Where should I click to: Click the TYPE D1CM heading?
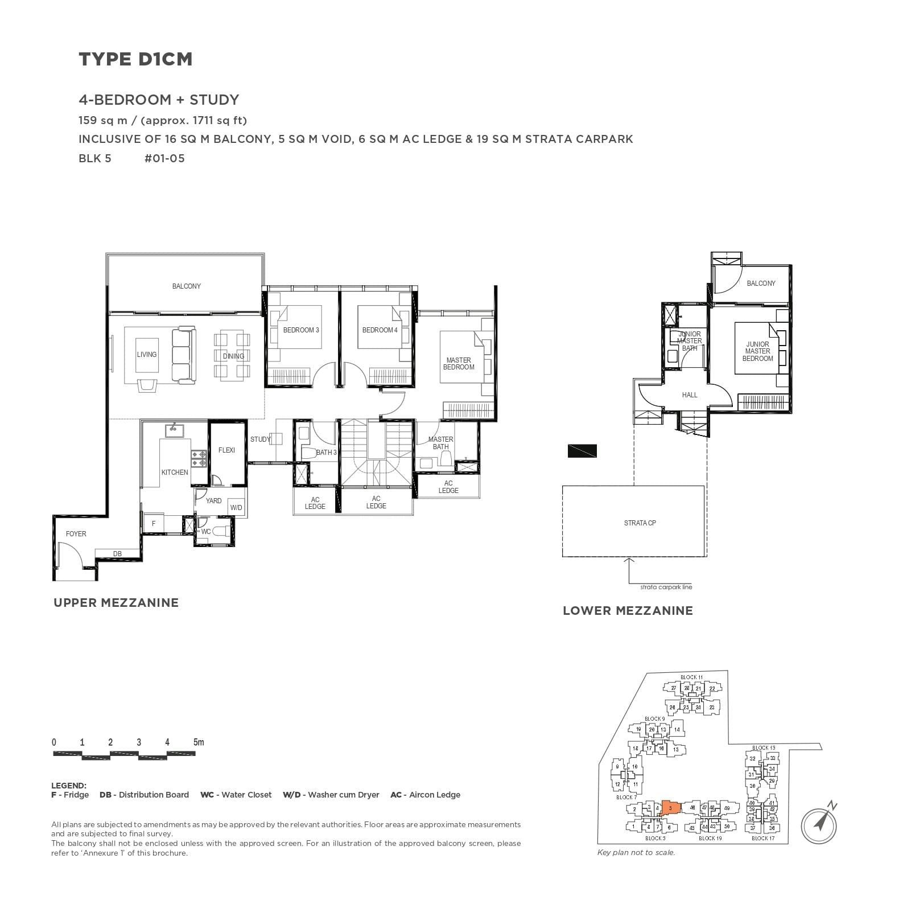[x=135, y=59]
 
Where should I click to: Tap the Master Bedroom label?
[x=459, y=364]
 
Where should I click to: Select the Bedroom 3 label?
[x=301, y=330]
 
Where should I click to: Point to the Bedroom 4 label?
[x=380, y=330]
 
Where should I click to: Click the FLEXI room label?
[x=226, y=450]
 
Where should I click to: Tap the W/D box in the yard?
[x=236, y=508]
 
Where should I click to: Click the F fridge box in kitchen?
[x=154, y=523]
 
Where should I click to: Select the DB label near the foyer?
[x=117, y=553]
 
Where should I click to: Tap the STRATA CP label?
[x=640, y=523]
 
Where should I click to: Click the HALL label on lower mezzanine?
[x=689, y=395]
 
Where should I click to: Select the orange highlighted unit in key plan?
[x=671, y=808]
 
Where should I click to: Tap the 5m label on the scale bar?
[x=198, y=742]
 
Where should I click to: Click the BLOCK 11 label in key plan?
[x=691, y=677]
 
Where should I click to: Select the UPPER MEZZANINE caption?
[x=116, y=603]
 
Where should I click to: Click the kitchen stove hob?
[x=199, y=459]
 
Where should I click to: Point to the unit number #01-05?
[x=164, y=158]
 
